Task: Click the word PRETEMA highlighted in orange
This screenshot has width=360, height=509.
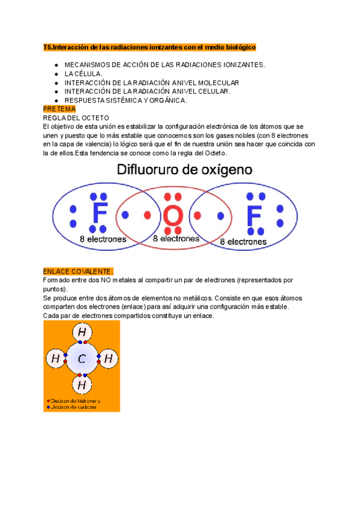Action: pos(59,109)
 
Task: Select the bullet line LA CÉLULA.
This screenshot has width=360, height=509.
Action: pos(83,73)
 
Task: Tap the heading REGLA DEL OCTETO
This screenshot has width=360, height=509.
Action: pos(76,118)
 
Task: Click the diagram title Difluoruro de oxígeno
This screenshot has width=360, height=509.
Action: pos(184,169)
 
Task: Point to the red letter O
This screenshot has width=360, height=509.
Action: pos(173,215)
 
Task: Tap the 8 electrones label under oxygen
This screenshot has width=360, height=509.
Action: pos(176,238)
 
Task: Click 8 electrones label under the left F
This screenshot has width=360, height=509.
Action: pos(103,239)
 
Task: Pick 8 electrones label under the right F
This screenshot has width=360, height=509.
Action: pos(243,242)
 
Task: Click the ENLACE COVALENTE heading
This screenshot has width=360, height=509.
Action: pos(78,271)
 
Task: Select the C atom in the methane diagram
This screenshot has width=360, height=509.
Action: pos(82,360)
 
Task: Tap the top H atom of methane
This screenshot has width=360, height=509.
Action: pos(82,333)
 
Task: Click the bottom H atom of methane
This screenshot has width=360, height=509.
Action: pos(82,385)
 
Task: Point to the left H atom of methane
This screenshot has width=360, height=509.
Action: pos(55,359)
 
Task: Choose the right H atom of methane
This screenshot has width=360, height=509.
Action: pos(108,359)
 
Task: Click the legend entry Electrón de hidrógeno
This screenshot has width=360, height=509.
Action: pos(75,400)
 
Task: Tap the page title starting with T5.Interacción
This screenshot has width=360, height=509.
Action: pos(150,47)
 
